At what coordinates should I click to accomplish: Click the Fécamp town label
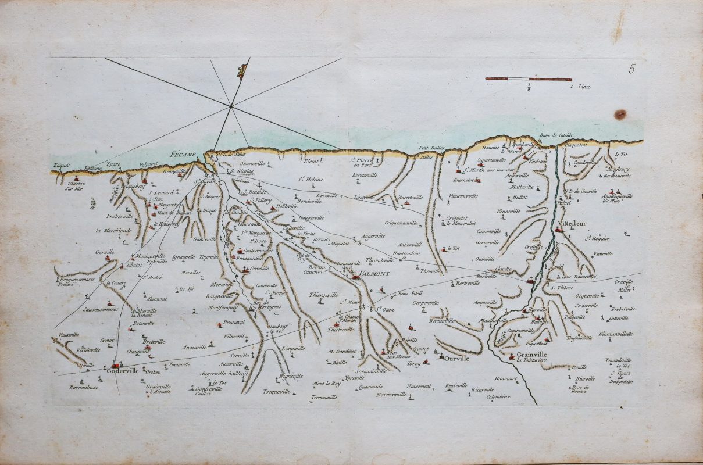click(185, 155)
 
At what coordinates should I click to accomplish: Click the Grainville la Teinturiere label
click(531, 358)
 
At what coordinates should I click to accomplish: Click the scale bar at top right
click(528, 78)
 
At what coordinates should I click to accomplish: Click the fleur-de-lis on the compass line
click(241, 71)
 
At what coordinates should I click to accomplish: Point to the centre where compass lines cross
click(231, 106)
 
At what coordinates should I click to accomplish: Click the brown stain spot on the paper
click(620, 115)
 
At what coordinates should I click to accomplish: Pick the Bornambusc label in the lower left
click(84, 387)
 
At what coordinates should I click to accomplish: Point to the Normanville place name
click(390, 395)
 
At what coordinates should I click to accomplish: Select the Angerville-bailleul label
click(223, 374)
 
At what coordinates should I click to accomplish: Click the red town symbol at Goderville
click(115, 364)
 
